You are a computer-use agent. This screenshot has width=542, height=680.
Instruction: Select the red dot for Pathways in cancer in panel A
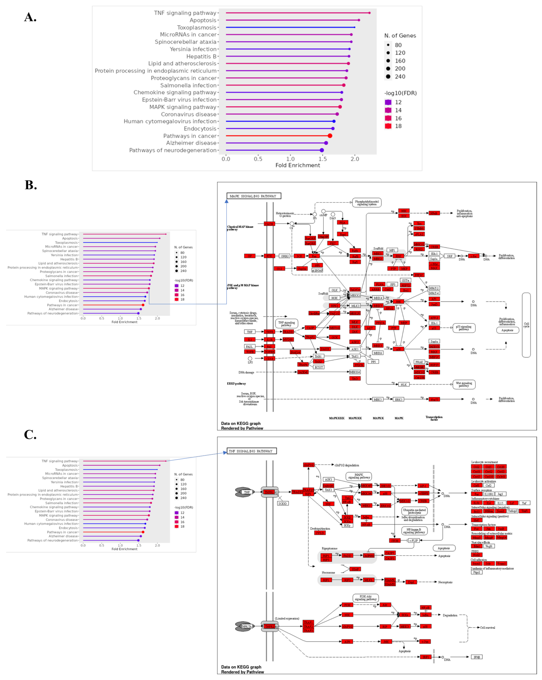point(330,136)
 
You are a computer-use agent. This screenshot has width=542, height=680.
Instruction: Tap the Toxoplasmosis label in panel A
point(197,27)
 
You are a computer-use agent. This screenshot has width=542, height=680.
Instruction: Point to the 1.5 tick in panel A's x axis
point(322,159)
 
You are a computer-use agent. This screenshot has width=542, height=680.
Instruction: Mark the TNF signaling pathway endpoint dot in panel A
point(369,13)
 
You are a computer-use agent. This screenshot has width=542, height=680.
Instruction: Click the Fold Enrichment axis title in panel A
point(298,165)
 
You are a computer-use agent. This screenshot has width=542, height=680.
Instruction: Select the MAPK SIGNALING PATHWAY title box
point(253,196)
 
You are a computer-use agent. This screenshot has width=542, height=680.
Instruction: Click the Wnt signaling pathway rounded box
point(464,384)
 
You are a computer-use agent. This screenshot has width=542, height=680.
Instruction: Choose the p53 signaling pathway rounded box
point(464,328)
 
